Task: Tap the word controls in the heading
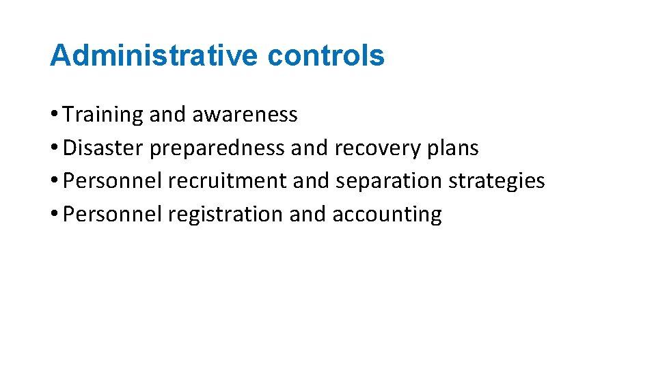(326, 55)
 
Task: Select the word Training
(103, 115)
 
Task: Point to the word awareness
(245, 115)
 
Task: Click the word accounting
(387, 215)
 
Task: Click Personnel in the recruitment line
(113, 181)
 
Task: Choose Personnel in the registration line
(113, 215)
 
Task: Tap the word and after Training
(167, 115)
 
